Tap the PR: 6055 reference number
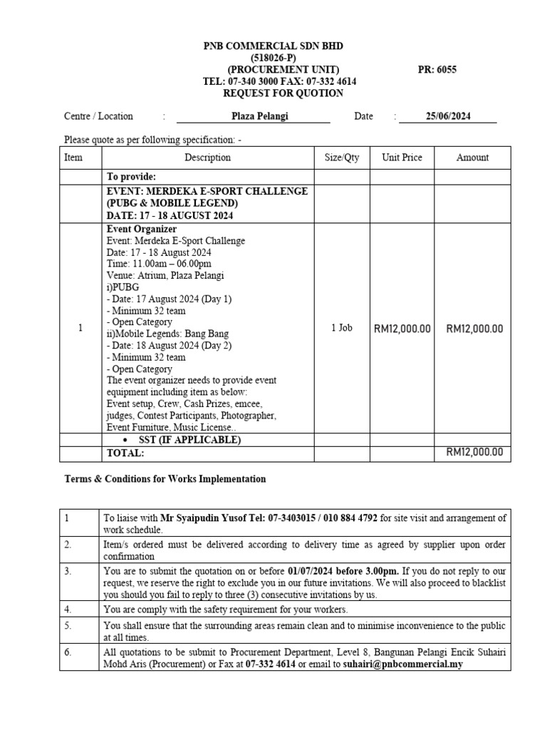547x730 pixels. click(437, 70)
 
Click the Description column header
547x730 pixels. click(207, 158)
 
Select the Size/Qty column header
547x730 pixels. click(342, 158)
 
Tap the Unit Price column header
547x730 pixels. click(402, 158)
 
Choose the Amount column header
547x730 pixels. click(472, 158)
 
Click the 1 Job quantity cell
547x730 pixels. click(342, 328)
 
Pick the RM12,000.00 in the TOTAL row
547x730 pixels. click(474, 452)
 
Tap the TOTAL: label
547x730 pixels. click(125, 453)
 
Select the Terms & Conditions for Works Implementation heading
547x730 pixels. click(165, 479)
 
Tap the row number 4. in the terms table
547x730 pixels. click(68, 610)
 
